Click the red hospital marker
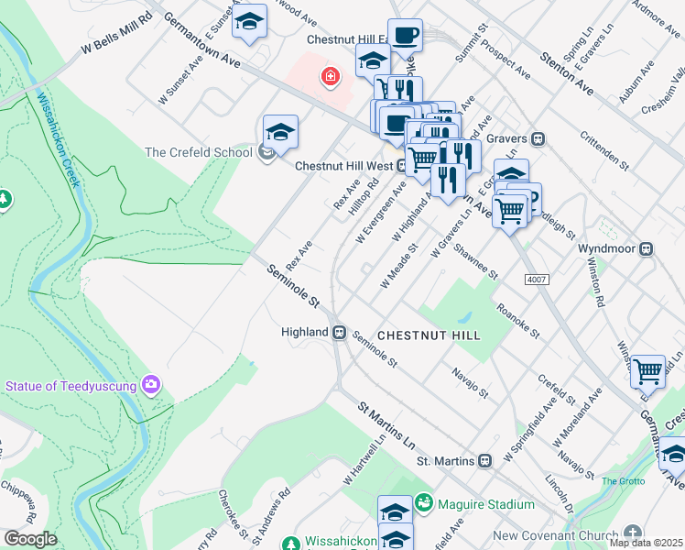coord(328,78)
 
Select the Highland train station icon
coord(339,332)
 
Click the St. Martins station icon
coord(485,460)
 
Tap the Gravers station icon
coord(539,139)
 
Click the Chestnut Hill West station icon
coord(401,166)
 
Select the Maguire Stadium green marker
coord(423,503)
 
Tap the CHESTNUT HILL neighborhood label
coord(429,335)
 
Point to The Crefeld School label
coord(198,152)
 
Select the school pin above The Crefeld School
coord(280,131)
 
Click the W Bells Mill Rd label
coord(115,33)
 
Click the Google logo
coord(29,539)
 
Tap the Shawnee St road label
coord(474,262)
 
